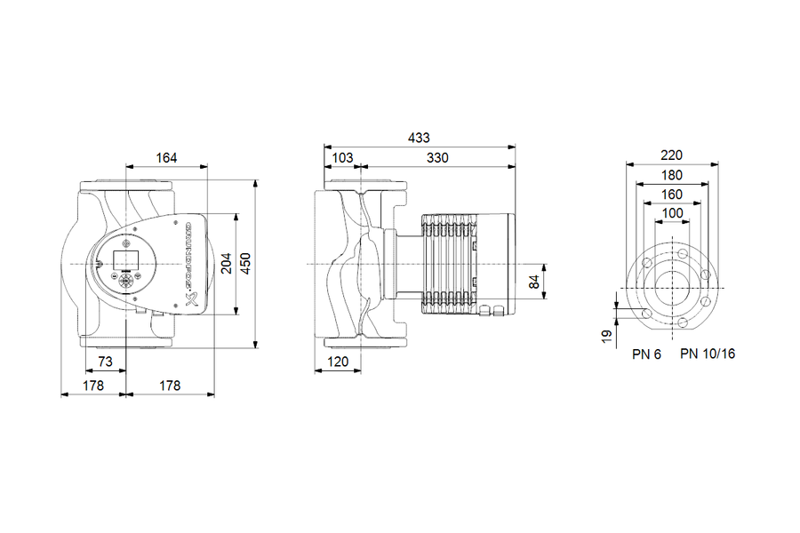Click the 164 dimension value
click(166, 158)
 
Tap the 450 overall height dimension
click(245, 264)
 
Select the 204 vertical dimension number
click(226, 264)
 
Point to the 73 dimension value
click(105, 362)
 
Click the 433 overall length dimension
click(419, 138)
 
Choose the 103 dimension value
click(342, 158)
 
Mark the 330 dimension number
click(437, 158)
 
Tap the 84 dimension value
click(534, 282)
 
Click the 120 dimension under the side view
click(338, 362)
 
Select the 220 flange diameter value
click(671, 155)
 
